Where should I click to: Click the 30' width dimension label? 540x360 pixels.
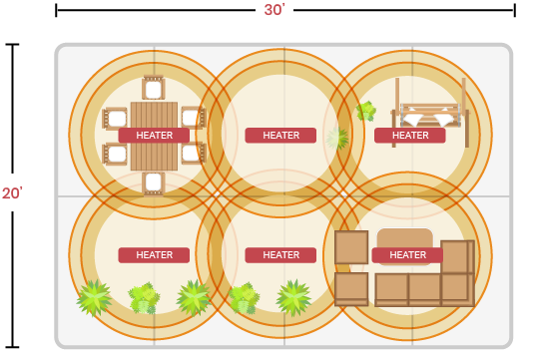274,10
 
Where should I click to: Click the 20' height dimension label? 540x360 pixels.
12,193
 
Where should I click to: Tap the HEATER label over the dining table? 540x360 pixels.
154,136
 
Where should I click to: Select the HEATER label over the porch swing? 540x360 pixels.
410,136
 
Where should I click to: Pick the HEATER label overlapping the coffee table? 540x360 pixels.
407,255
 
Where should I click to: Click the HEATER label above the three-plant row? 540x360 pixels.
154,255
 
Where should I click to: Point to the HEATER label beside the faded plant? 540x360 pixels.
280,136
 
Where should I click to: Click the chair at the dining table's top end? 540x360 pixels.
154,88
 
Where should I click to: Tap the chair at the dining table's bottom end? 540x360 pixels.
154,183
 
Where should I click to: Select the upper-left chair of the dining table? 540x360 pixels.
115,119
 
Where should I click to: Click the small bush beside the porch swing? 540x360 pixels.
366,111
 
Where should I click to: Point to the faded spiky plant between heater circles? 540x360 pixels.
337,139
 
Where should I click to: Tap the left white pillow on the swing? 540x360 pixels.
413,119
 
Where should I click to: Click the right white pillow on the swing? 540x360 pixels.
444,119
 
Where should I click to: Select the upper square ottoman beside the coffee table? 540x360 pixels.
351,247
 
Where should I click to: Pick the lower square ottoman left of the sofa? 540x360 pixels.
351,289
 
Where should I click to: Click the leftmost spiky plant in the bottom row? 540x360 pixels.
94,298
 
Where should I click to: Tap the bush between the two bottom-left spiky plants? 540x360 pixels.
144,298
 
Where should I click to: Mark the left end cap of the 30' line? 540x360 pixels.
56,10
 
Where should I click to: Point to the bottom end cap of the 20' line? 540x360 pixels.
12,347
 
